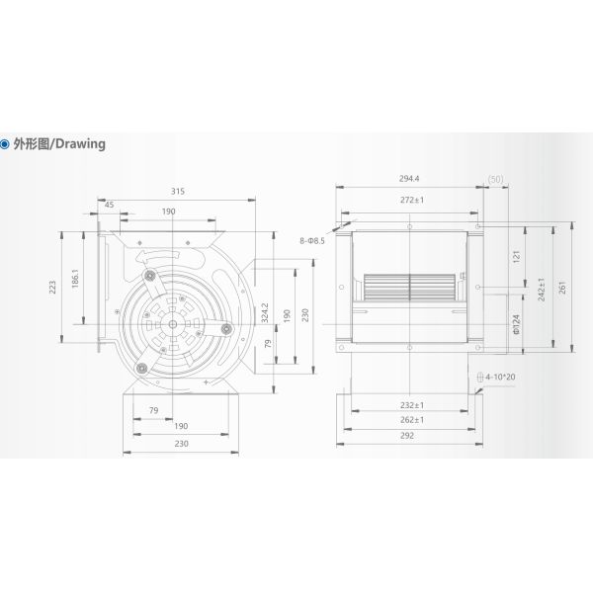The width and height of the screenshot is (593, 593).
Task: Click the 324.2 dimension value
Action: pos(261,313)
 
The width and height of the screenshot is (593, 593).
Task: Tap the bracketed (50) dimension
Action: pos(495,179)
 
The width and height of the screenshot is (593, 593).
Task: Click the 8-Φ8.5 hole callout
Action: pos(308,239)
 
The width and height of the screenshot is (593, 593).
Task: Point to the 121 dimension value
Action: pos(516,256)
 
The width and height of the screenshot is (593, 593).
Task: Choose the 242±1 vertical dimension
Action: pos(540,288)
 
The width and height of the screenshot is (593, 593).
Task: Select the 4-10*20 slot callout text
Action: pos(508,378)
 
